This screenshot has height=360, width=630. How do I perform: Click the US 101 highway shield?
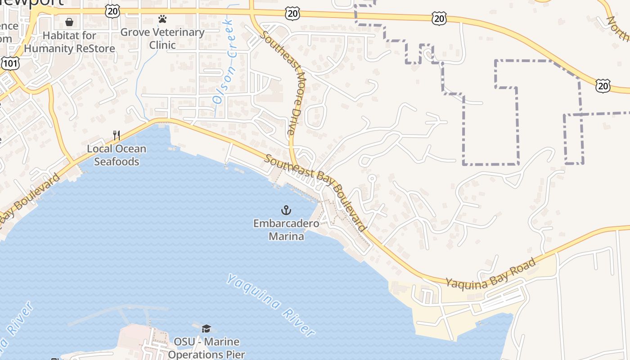pyautogui.click(x=10, y=63)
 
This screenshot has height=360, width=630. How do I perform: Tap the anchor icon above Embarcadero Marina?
pyautogui.click(x=286, y=210)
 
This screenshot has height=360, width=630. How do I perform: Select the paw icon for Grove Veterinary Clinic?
pyautogui.click(x=162, y=19)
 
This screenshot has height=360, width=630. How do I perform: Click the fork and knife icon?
pyautogui.click(x=117, y=135)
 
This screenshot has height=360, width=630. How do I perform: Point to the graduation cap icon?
pyautogui.click(x=207, y=329)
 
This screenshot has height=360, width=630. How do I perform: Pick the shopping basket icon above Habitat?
pyautogui.click(x=69, y=22)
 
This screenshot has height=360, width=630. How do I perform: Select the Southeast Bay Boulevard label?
pyautogui.click(x=315, y=192)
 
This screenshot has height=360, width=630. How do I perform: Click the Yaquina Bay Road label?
pyautogui.click(x=490, y=273)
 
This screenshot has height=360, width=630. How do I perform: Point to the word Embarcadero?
pyautogui.click(x=286, y=224)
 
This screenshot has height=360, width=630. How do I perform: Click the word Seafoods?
pyautogui.click(x=117, y=162)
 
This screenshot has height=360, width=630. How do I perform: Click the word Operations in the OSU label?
pyautogui.click(x=206, y=354)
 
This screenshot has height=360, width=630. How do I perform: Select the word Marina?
pyautogui.click(x=286, y=236)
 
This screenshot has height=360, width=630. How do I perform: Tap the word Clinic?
pyautogui.click(x=162, y=45)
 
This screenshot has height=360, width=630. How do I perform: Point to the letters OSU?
pyautogui.click(x=184, y=342)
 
